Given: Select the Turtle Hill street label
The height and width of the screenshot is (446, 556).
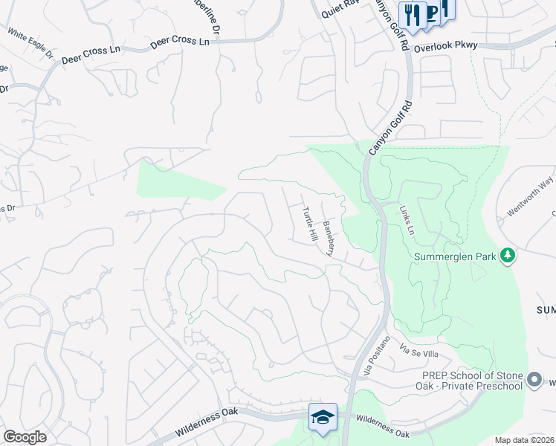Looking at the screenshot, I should (309, 224).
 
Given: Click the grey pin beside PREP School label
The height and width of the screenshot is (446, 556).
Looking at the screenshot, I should (534, 381).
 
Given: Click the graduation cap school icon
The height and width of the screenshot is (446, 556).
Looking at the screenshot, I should (323, 417).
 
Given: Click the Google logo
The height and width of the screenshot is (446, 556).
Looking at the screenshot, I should (25, 436).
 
